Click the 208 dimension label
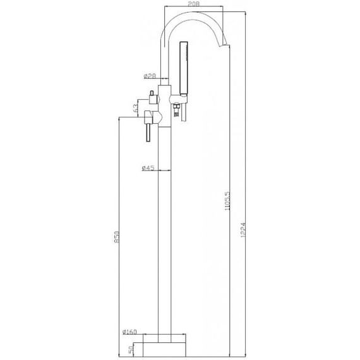click(x=194, y=4)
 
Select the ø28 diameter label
click(x=150, y=76)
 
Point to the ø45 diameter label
click(x=148, y=168)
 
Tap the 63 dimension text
click(x=136, y=108)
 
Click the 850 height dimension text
click(x=117, y=237)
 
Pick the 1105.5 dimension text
click(x=227, y=201)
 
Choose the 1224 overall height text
click(x=243, y=230)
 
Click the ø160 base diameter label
click(x=129, y=332)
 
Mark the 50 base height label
click(x=131, y=349)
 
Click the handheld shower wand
click(x=184, y=68)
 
